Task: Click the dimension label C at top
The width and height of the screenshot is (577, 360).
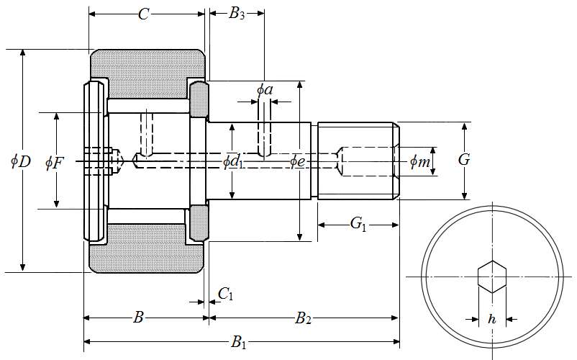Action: pyautogui.click(x=144, y=14)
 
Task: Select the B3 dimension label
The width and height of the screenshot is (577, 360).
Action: pyautogui.click(x=237, y=14)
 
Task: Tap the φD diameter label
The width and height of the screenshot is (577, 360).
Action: pyautogui.click(x=20, y=161)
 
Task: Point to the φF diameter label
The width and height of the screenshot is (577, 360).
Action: pyautogui.click(x=54, y=162)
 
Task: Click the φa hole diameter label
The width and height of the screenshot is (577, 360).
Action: pyautogui.click(x=265, y=89)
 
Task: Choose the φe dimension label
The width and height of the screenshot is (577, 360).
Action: pyautogui.click(x=298, y=161)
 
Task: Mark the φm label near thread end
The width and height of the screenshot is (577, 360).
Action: pyautogui.click(x=419, y=162)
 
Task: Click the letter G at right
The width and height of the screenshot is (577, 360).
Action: pyautogui.click(x=464, y=160)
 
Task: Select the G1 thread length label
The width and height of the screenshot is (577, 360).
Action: pyautogui.click(x=358, y=225)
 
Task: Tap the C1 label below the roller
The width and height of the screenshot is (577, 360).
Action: pyautogui.click(x=225, y=293)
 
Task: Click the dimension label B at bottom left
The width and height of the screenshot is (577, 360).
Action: pyautogui.click(x=139, y=318)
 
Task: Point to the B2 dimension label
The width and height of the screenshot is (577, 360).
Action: pyautogui.click(x=303, y=318)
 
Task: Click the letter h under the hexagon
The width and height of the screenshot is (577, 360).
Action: pyautogui.click(x=492, y=318)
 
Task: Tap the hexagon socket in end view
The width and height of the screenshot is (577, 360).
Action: pyautogui.click(x=492, y=276)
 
